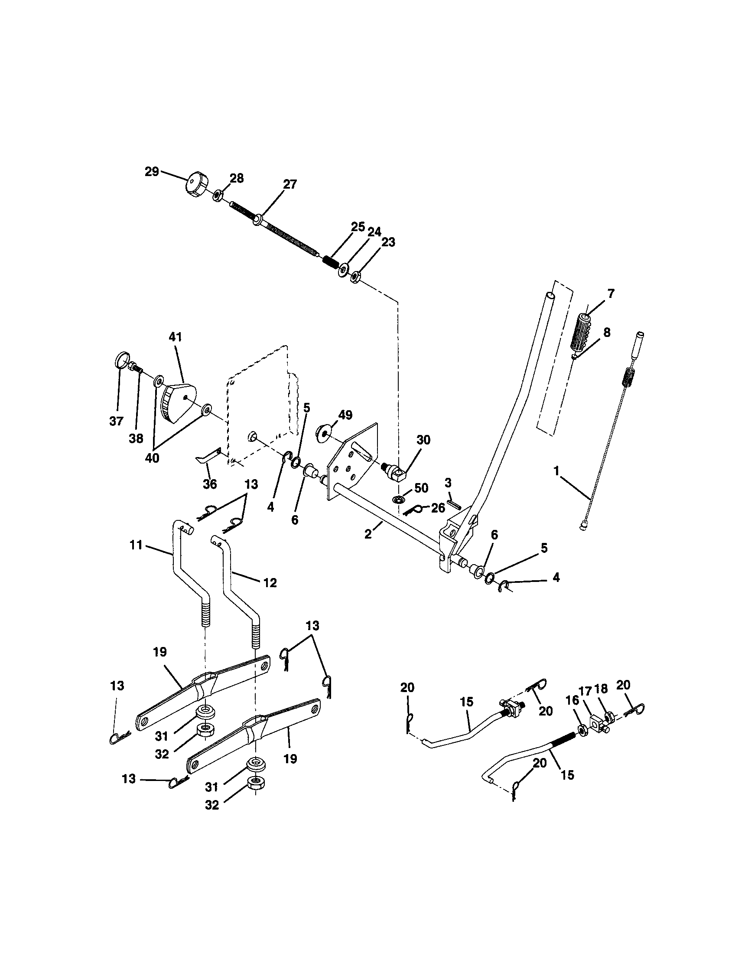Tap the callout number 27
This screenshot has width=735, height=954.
(289, 184)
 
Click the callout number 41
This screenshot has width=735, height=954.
(175, 337)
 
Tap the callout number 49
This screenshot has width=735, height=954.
(345, 415)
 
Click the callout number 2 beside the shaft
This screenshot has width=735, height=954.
(368, 534)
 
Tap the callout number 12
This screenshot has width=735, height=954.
(270, 583)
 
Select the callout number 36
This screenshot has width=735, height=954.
(210, 484)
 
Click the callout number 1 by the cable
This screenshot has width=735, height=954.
(556, 471)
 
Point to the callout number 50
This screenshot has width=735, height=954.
(421, 488)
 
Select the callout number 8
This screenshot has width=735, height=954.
(606, 332)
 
